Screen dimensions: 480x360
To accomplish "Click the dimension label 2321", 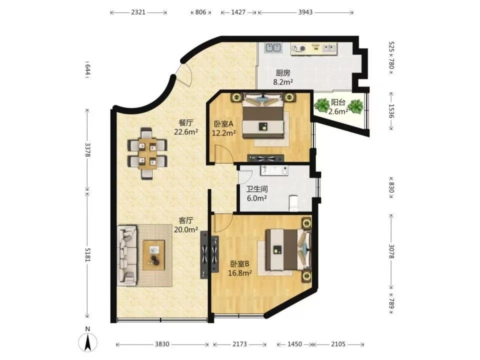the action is click(138, 12).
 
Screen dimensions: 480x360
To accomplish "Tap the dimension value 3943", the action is click(305, 12).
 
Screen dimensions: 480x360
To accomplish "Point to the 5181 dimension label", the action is click(88, 254).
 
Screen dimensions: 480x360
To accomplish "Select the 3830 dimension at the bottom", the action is click(162, 344).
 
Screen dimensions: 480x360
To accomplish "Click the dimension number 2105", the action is click(338, 344).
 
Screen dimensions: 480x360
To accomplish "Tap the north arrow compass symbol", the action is click(88, 340).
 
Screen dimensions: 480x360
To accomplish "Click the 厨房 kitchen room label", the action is click(283, 73).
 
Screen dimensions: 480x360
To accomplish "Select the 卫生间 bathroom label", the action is click(257, 189).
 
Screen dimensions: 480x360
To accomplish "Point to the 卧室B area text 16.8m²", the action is click(240, 273).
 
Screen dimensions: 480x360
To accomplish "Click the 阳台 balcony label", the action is click(338, 102).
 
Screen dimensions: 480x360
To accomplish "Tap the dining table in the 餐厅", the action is click(147, 153).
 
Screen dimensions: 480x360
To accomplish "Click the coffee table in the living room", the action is click(153, 255).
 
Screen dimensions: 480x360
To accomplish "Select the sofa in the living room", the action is click(127, 256).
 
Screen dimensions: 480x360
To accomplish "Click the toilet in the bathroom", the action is click(293, 203).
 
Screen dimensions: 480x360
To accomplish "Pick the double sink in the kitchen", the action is click(273, 48).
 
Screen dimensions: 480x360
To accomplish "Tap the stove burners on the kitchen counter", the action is click(298, 48).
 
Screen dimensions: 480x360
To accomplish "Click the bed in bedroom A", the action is click(263, 115).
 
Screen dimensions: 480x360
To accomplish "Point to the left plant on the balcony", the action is click(321, 104).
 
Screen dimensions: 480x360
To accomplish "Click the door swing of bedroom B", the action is click(224, 223).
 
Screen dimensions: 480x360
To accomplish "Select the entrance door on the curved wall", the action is click(183, 75).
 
